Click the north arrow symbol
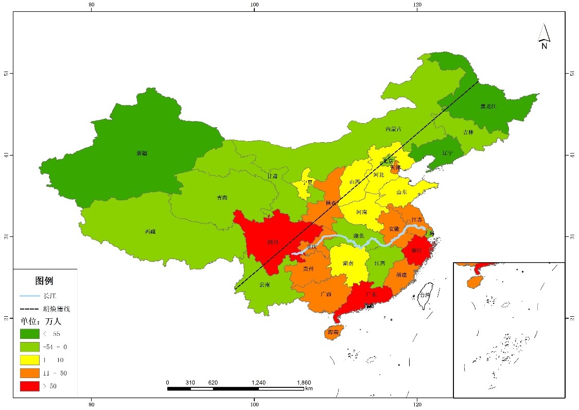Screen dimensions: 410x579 [544, 36]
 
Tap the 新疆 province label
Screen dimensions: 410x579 [142, 153]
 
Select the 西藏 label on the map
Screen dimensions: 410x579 [150, 232]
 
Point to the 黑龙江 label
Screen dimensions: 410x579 [489, 107]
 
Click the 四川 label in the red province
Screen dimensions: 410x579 [273, 242]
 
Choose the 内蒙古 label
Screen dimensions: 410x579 [393, 129]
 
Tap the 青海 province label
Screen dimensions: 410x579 [222, 197]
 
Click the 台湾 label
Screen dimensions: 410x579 [425, 295]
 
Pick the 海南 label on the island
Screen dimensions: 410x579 [333, 333]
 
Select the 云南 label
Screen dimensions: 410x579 [264, 284]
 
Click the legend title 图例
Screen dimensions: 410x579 [44, 281]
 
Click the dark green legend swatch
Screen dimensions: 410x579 [30, 334]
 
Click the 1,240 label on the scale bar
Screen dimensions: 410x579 [258, 382]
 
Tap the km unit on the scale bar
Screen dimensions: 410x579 [309, 388]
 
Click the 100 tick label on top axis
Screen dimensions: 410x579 [254, 5]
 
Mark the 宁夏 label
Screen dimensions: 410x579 [308, 182]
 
